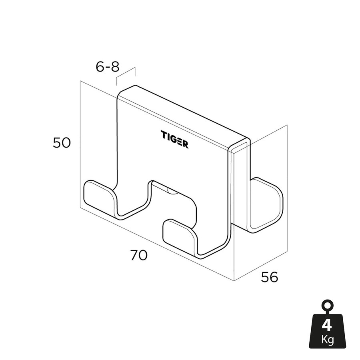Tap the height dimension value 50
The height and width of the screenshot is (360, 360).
click(62, 143)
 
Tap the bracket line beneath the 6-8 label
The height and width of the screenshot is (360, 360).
click(126, 76)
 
